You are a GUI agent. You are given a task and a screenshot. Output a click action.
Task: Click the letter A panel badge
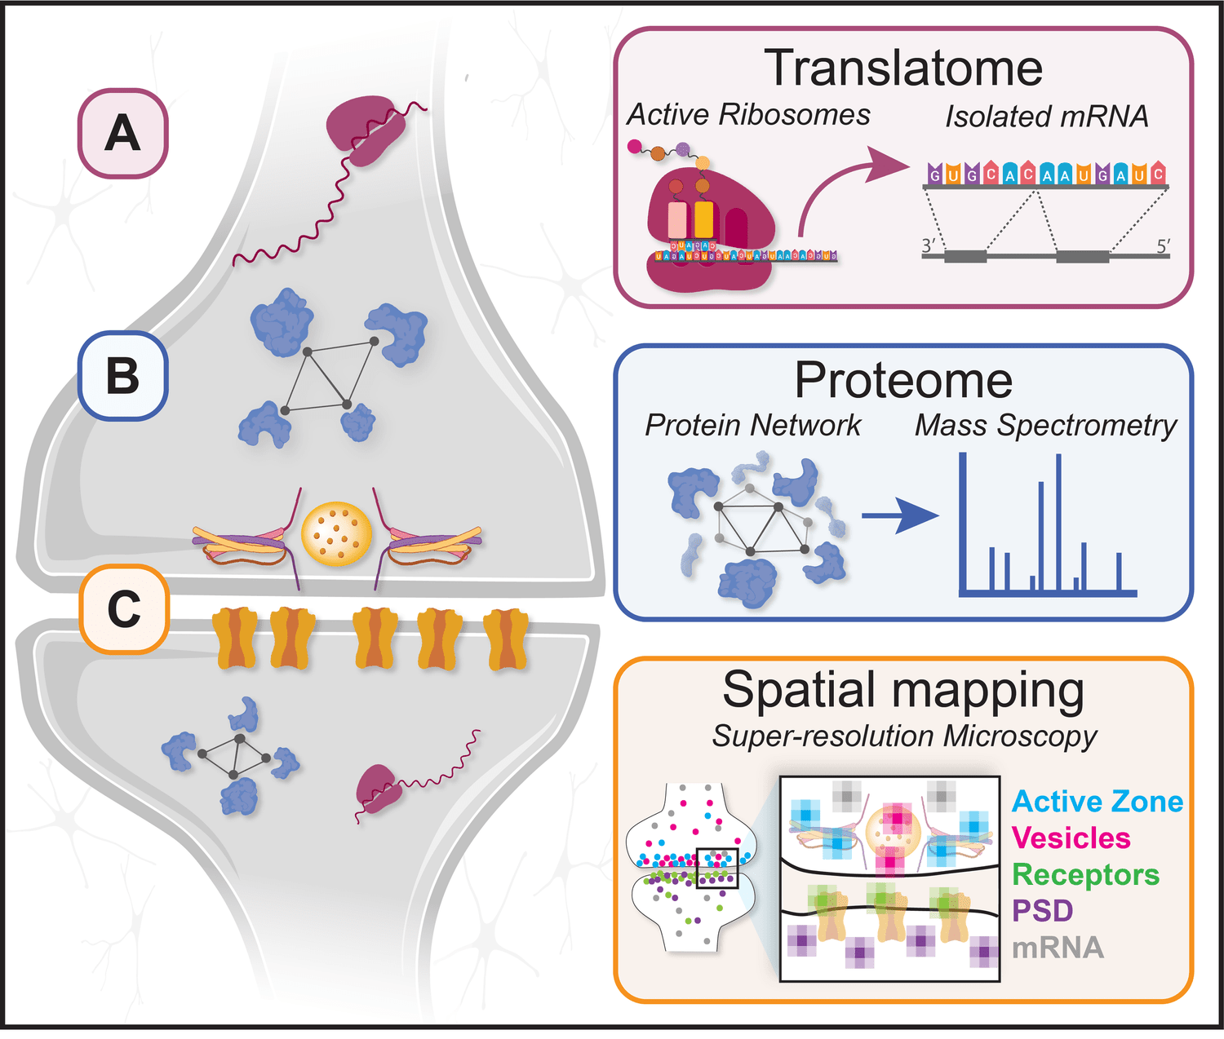point(122,134)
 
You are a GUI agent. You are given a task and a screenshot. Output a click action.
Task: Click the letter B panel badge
point(122,376)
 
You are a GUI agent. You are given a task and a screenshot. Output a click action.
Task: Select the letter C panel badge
point(124,609)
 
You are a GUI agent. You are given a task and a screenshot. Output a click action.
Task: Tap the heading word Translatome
point(903,68)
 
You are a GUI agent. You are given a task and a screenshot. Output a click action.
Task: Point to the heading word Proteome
point(903,380)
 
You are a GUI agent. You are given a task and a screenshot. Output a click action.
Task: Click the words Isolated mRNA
point(1046,117)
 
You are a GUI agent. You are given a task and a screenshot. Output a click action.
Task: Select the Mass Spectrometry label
point(1045,426)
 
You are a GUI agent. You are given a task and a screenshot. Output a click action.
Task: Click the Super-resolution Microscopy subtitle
point(904,736)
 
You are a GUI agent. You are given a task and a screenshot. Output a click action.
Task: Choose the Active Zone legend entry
point(1097,802)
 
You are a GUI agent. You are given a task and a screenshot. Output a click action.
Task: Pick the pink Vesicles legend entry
point(1071,838)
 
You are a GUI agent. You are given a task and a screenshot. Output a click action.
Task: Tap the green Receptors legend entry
point(1085,874)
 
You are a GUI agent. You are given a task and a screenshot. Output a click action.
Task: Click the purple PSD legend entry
point(1042,910)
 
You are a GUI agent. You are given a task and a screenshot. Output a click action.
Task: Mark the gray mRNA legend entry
point(1058,948)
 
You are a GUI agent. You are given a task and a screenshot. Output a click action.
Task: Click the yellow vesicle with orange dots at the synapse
point(336,534)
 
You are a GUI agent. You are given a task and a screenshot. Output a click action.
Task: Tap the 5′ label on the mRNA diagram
point(1163,245)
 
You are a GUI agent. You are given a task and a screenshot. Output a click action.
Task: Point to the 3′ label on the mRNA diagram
point(928,245)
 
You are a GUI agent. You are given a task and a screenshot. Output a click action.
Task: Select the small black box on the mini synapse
point(717,868)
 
